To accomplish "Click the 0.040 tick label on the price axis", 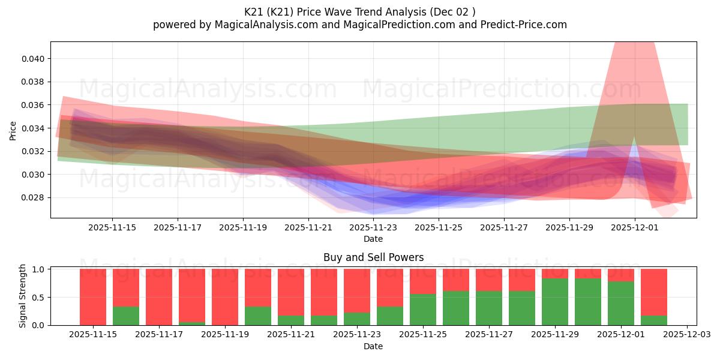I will pyautogui.click(x=34, y=59).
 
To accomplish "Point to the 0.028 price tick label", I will pyautogui.click(x=34, y=198).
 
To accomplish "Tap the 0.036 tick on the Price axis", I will pyautogui.click(x=34, y=105).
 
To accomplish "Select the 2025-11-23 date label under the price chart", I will pyautogui.click(x=373, y=228).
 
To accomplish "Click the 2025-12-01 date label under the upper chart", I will pyautogui.click(x=635, y=228).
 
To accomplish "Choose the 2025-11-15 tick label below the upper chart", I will pyautogui.click(x=112, y=228).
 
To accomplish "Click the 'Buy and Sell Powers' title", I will pyautogui.click(x=373, y=257).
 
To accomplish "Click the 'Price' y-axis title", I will pyautogui.click(x=14, y=130).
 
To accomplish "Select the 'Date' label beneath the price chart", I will pyautogui.click(x=373, y=239).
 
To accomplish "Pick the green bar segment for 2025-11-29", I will pyautogui.click(x=555, y=302).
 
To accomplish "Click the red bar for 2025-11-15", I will pyautogui.click(x=93, y=297).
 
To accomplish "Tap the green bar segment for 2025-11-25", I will pyautogui.click(x=423, y=310).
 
